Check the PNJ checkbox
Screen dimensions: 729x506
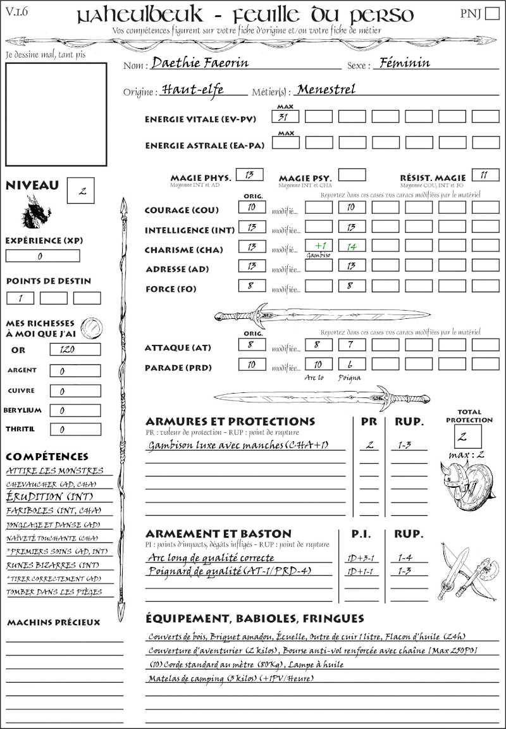coord(491,14)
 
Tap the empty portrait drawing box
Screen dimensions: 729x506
coord(56,114)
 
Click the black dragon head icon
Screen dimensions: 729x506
coord(37,212)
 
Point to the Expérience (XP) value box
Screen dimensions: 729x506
coord(42,256)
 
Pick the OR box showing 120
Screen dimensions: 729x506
coord(75,350)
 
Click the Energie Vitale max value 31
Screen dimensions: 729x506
coord(285,116)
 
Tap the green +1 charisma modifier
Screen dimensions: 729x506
coord(319,246)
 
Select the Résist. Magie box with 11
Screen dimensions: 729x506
coord(485,175)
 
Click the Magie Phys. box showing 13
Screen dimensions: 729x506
coord(249,175)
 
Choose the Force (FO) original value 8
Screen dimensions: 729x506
coord(251,286)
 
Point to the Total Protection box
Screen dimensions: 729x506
coord(468,436)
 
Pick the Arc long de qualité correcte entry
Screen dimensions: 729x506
coord(211,558)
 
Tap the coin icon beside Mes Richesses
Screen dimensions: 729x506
coord(91,327)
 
